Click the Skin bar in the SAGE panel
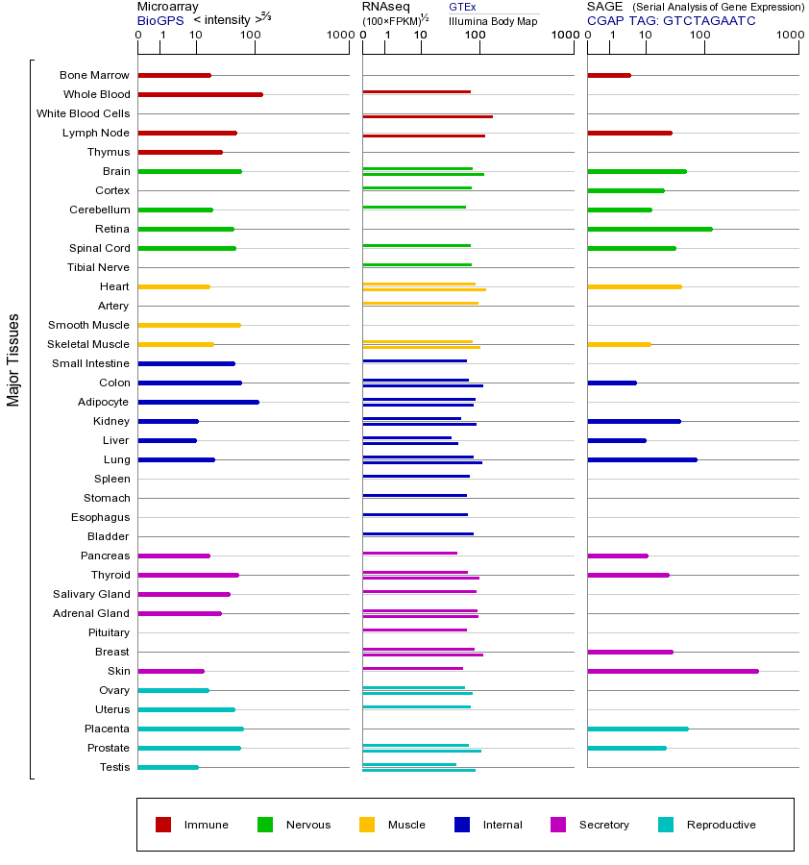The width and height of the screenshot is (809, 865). pyautogui.click(x=673, y=671)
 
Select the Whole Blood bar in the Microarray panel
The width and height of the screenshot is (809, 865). pyautogui.click(x=200, y=94)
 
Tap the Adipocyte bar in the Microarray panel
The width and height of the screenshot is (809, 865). pyautogui.click(x=198, y=402)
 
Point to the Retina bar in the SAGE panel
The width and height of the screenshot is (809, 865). pyautogui.click(x=650, y=229)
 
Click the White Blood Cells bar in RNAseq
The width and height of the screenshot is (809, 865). pyautogui.click(x=428, y=116)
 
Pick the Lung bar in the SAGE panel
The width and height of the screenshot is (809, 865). pyautogui.click(x=642, y=459)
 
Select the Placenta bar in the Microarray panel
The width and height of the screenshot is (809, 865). pyautogui.click(x=190, y=729)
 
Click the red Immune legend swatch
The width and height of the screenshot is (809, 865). pyautogui.click(x=163, y=825)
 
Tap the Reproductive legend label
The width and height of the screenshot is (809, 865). pyautogui.click(x=721, y=825)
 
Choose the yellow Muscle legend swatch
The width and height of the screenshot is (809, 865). pyautogui.click(x=367, y=825)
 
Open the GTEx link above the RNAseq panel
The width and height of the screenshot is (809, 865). pyautogui.click(x=462, y=7)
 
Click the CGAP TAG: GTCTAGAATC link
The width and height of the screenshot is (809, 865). pyautogui.click(x=671, y=20)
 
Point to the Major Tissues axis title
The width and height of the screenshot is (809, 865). pyautogui.click(x=13, y=359)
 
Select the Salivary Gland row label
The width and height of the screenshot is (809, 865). pyautogui.click(x=91, y=594)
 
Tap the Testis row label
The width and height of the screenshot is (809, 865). pyautogui.click(x=114, y=767)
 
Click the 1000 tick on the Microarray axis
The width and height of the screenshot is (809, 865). pyautogui.click(x=337, y=36)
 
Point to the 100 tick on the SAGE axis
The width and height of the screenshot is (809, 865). pyautogui.click(x=700, y=36)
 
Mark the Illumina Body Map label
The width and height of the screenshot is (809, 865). pyautogui.click(x=494, y=20)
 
